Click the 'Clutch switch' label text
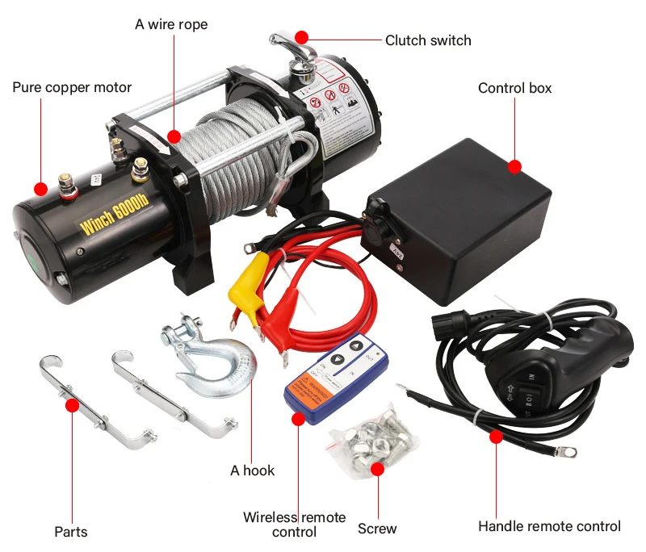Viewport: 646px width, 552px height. coord(427,40)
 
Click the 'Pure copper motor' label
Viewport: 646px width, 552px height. coord(72,87)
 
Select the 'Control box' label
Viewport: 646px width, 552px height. coord(514,88)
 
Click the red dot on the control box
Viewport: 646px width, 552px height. coord(515,167)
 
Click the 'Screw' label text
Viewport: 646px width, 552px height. coord(377,529)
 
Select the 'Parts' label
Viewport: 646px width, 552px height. coord(71,532)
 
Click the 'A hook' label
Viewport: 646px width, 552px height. coord(252,470)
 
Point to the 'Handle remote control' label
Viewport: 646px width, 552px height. coord(549,526)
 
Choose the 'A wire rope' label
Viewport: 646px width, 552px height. coord(171,24)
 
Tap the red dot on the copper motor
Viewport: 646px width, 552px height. coord(40,190)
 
